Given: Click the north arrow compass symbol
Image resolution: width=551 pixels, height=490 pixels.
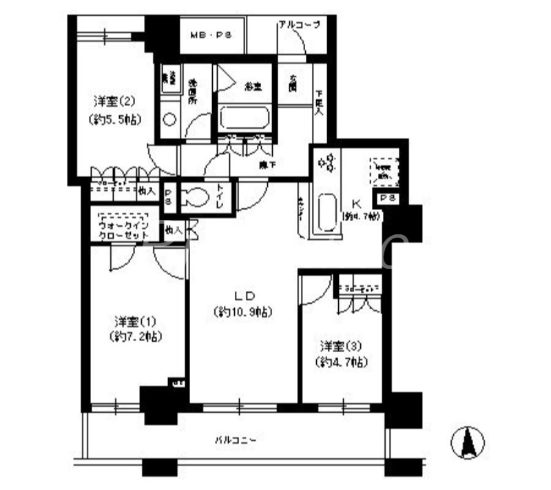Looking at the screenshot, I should point(468,441).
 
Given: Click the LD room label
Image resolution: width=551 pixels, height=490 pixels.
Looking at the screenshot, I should point(242,296).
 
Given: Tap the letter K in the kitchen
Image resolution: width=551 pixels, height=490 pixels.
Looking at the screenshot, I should point(357,203).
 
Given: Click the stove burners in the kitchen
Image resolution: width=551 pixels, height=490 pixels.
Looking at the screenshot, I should point(326,163).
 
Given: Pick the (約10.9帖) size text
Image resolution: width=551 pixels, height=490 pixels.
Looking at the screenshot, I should point(242,312).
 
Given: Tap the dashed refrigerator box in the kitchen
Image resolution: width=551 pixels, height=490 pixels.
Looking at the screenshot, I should point(383,170).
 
